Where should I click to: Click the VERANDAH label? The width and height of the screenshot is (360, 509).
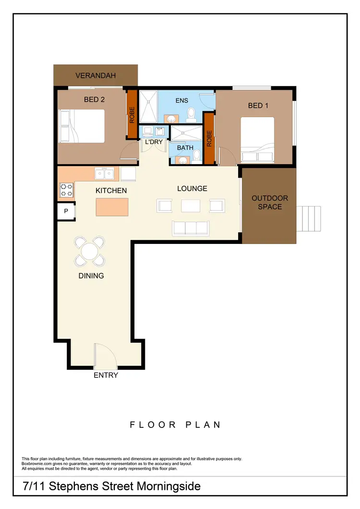pyautogui.click(x=96, y=75)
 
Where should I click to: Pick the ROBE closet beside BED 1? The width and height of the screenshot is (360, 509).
pyautogui.click(x=209, y=138)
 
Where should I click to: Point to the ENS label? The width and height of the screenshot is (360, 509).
pyautogui.click(x=181, y=100)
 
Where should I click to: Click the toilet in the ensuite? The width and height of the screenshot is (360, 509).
pyautogui.click(x=191, y=113)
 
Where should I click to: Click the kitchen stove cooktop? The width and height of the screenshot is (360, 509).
pyautogui.click(x=66, y=190)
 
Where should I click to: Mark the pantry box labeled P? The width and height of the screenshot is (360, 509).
pyautogui.click(x=66, y=211)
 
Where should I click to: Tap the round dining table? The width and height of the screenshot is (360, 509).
pyautogui.click(x=90, y=251)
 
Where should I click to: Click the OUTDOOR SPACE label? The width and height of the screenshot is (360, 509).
pyautogui.click(x=270, y=202)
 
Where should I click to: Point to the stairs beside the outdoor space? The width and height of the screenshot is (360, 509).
pyautogui.click(x=310, y=218)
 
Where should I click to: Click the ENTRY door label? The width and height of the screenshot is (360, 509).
pyautogui.click(x=106, y=375)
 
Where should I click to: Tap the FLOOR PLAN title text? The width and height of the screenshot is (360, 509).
pyautogui.click(x=175, y=424)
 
